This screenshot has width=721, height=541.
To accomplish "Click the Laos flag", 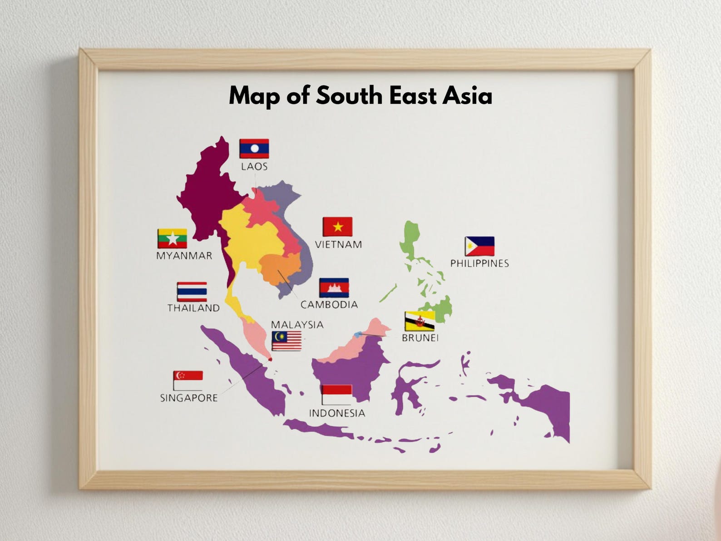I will [x=254, y=149].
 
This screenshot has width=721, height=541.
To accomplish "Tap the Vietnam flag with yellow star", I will [x=337, y=227].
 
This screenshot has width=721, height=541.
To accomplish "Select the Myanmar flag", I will [x=172, y=238].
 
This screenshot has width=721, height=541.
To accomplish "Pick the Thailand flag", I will [x=192, y=292].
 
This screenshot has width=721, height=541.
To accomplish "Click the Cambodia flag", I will [x=334, y=288].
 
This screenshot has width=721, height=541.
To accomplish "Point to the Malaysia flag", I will [x=286, y=341].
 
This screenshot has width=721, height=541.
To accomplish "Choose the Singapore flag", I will [x=188, y=380].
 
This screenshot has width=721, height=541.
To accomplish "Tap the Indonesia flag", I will [x=336, y=395].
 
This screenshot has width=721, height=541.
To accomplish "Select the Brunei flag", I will [x=420, y=321].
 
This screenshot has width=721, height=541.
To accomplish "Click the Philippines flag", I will [x=479, y=246].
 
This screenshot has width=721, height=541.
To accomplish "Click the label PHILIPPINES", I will [x=479, y=263].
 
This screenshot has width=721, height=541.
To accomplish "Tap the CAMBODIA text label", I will [x=329, y=305].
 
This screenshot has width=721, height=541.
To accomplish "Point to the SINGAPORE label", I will [x=189, y=398].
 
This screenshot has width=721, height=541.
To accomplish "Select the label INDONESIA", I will [x=337, y=413].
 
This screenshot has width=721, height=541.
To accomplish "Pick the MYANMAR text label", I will [x=184, y=256].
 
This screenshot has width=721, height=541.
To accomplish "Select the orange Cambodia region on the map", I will [x=279, y=268].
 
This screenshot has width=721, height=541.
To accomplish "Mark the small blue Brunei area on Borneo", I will [x=358, y=334].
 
